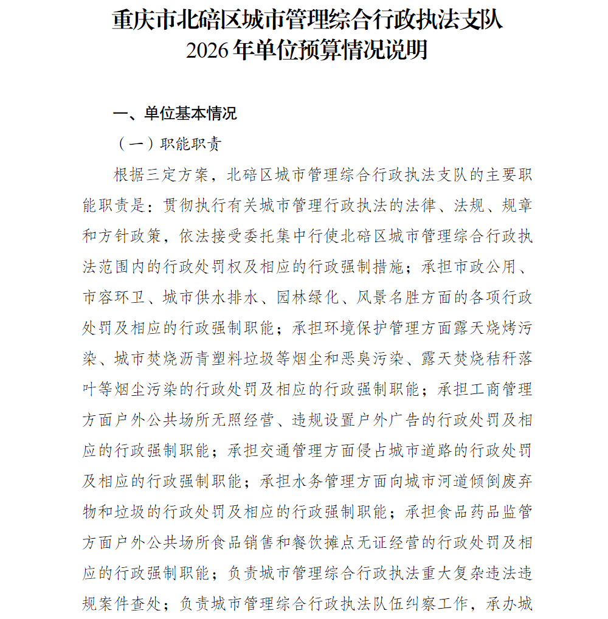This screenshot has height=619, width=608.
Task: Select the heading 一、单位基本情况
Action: (x=175, y=114)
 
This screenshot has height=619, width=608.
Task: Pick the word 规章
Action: (x=517, y=206)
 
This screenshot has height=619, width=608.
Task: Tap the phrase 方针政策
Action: (x=130, y=237)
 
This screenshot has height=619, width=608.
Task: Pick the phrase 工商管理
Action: (x=501, y=389)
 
